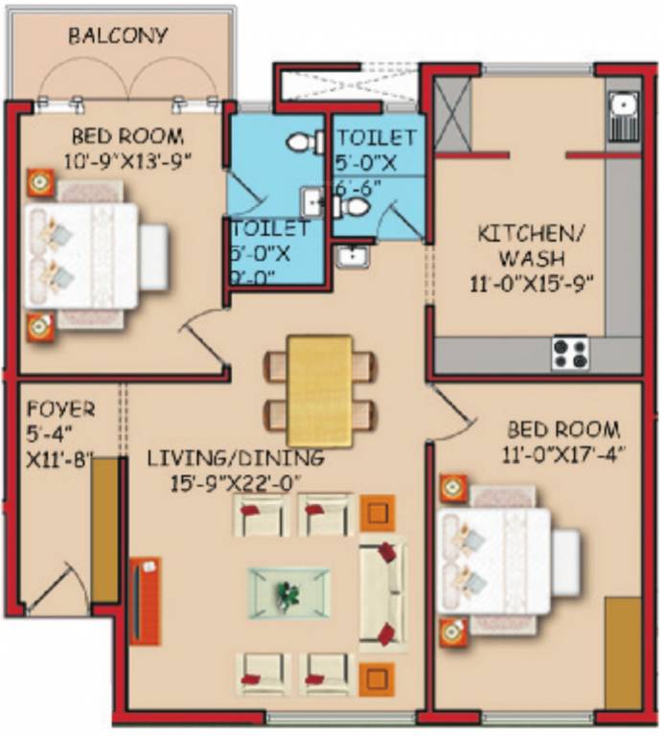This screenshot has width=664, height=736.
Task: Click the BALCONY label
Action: (x=118, y=36)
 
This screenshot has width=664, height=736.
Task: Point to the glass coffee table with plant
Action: (x=288, y=593)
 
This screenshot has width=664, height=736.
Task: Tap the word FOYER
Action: (x=60, y=409)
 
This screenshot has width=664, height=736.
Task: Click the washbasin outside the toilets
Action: (x=351, y=257)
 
